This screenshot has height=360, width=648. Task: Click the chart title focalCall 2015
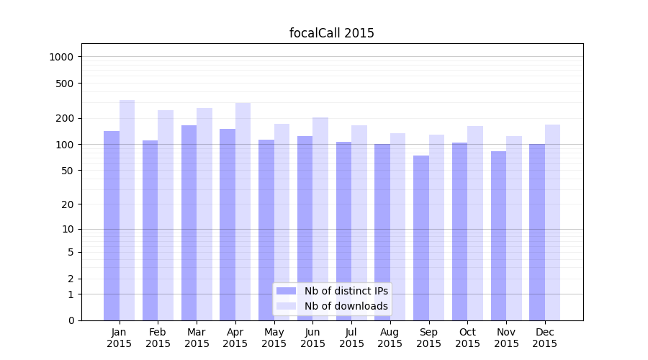click(x=331, y=33)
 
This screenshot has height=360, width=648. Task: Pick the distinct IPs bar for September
click(x=421, y=238)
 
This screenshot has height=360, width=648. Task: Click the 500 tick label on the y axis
click(x=66, y=84)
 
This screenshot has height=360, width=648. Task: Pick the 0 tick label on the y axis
click(x=71, y=320)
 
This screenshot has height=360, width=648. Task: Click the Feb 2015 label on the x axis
click(x=158, y=338)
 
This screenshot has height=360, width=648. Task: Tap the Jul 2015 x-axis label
click(x=351, y=338)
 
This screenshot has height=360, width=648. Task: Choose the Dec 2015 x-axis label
click(x=545, y=338)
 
